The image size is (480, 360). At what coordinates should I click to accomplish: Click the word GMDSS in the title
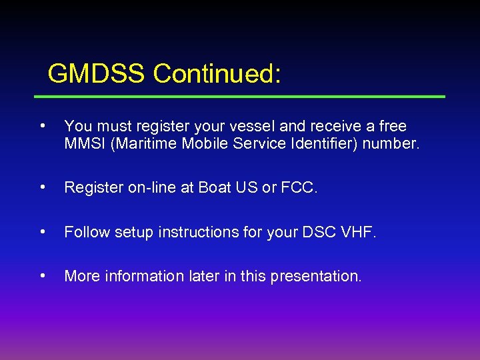(x=97, y=74)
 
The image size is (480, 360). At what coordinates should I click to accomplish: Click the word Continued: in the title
(x=217, y=74)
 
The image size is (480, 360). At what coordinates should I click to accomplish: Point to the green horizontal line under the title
(x=240, y=97)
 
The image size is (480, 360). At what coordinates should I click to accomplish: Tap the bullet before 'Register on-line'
(x=42, y=188)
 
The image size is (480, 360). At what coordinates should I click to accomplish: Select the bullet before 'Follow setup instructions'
(x=42, y=231)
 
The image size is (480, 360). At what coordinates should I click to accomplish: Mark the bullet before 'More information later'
(x=42, y=275)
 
